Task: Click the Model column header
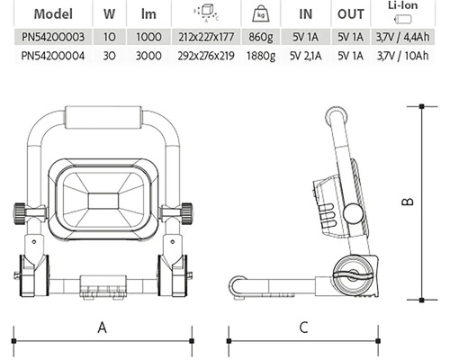pos(53,13)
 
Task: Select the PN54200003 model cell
pos(53,37)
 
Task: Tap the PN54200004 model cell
pos(53,56)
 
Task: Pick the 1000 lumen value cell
pos(148,37)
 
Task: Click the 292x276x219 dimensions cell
pos(206,56)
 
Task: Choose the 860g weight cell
pos(261,37)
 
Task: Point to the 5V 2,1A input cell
pos(306,56)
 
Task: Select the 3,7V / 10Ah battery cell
pos(403,56)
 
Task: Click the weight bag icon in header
pos(261,14)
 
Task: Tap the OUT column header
pos(351,14)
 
